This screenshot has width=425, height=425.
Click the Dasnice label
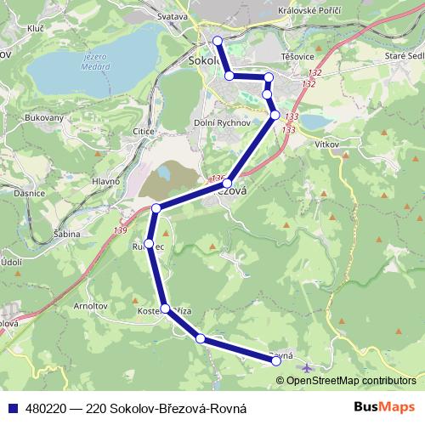pos(30,195)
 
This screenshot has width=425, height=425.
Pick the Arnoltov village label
pos(90,304)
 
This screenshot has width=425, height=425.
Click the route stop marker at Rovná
pos(276,361)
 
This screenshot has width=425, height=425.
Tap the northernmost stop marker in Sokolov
pos(218,40)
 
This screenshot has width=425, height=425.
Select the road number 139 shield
pos(118,230)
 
